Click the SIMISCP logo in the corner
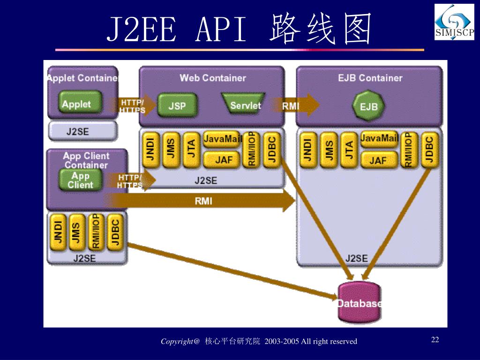point(454,22)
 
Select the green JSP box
point(177,106)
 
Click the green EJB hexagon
point(368,106)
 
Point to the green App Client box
point(80,180)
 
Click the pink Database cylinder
point(359,303)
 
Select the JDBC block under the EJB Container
point(428,150)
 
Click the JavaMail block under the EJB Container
point(379,139)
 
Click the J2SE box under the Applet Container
point(82,131)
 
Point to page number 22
point(435,339)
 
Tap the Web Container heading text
point(212,78)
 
